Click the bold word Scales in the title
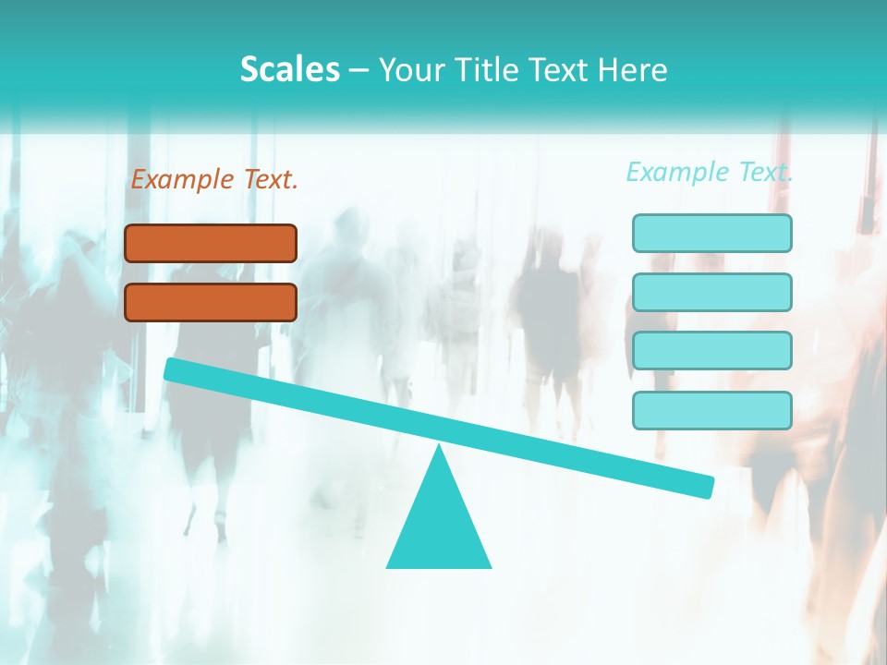pyautogui.click(x=289, y=69)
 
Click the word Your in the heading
pyautogui.click(x=411, y=70)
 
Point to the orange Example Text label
pyautogui.click(x=214, y=179)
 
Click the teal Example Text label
pyautogui.click(x=710, y=172)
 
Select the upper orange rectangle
pyautogui.click(x=211, y=243)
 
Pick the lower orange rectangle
pyautogui.click(x=211, y=302)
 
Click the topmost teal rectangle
pyautogui.click(x=712, y=233)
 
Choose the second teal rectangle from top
pyautogui.click(x=712, y=292)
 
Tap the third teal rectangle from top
pyautogui.click(x=712, y=351)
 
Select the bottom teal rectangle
pyautogui.click(x=712, y=410)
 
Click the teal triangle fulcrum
pyautogui.click(x=439, y=522)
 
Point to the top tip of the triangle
pyautogui.click(x=439, y=446)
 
